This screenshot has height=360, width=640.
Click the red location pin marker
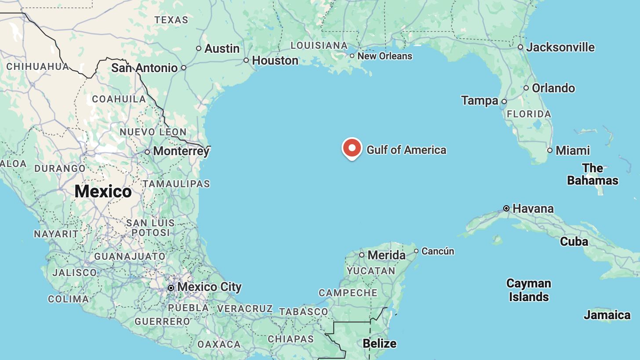[x=352, y=148]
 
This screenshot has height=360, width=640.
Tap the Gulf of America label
[x=406, y=150]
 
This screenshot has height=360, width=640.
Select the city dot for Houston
[x=246, y=60]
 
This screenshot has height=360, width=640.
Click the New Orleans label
[x=385, y=56]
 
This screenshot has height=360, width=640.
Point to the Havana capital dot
[x=506, y=208]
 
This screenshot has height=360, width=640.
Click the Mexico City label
[x=210, y=287]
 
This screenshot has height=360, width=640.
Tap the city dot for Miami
[x=549, y=150]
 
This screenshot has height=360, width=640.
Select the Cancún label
[x=438, y=251]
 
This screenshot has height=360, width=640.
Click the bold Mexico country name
[x=103, y=191]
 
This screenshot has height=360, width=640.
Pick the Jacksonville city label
[x=560, y=47]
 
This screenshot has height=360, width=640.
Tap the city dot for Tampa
[x=504, y=102]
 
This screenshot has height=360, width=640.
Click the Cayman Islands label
[x=528, y=290]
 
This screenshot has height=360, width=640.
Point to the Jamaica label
[x=607, y=315]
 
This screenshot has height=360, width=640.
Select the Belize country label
[x=379, y=343]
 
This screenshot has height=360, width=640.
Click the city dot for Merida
[x=362, y=255]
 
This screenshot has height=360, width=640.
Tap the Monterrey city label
[x=181, y=151]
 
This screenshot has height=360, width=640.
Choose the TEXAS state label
[x=171, y=20]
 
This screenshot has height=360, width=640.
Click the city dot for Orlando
[x=526, y=88]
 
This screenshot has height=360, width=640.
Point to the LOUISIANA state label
[x=319, y=45]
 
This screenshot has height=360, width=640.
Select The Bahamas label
[x=593, y=174]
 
